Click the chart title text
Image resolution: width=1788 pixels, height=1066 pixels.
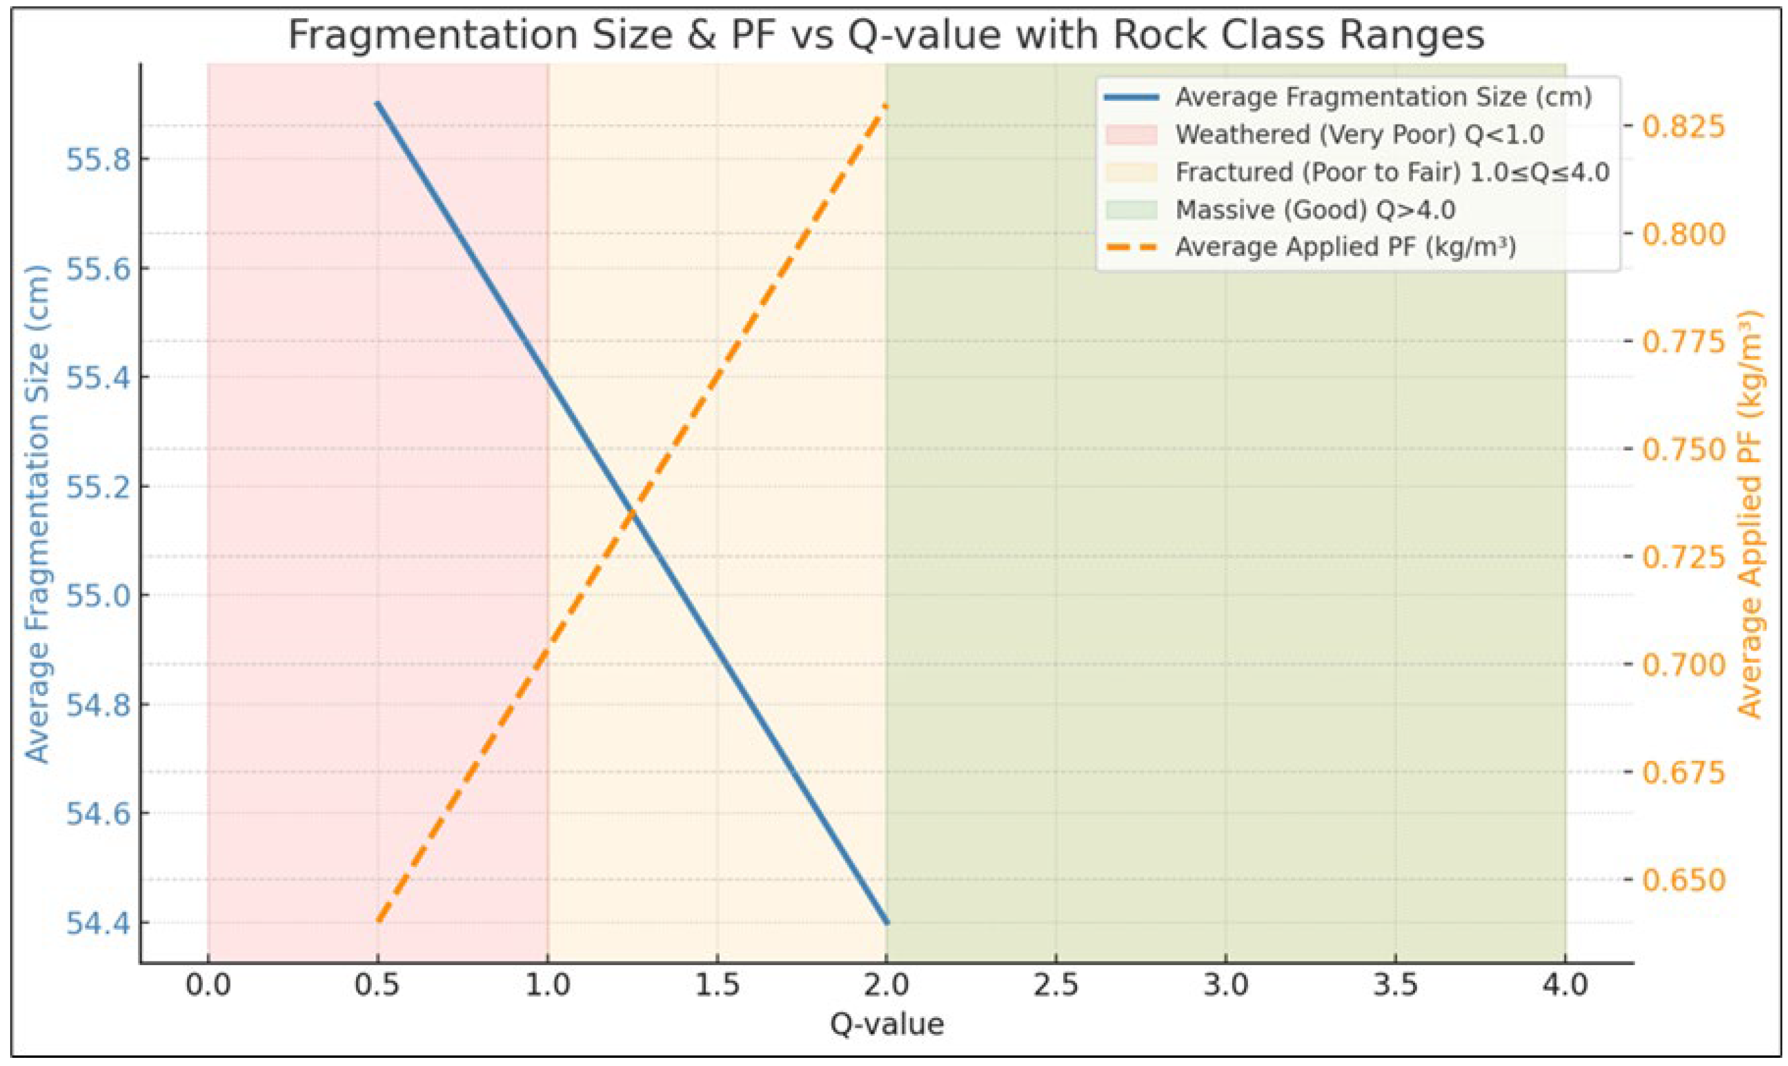tap(885, 35)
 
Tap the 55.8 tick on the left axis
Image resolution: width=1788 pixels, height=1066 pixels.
tap(99, 159)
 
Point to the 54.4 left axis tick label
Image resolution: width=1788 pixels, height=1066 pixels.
tap(99, 923)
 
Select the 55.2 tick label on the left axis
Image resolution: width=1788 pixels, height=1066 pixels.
tap(99, 486)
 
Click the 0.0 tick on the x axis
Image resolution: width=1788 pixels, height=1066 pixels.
tap(208, 985)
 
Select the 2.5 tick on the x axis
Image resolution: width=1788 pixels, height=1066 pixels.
tap(1056, 985)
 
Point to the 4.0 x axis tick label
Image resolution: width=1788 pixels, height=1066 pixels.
tap(1566, 985)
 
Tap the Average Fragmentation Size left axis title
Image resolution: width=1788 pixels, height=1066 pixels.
tap(37, 514)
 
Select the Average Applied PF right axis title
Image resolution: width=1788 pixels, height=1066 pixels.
tap(1751, 514)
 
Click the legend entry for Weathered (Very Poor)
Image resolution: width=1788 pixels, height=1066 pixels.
tap(1359, 134)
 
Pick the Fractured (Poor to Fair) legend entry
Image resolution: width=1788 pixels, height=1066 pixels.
tap(1392, 172)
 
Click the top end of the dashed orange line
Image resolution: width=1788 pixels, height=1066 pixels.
tap(886, 107)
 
